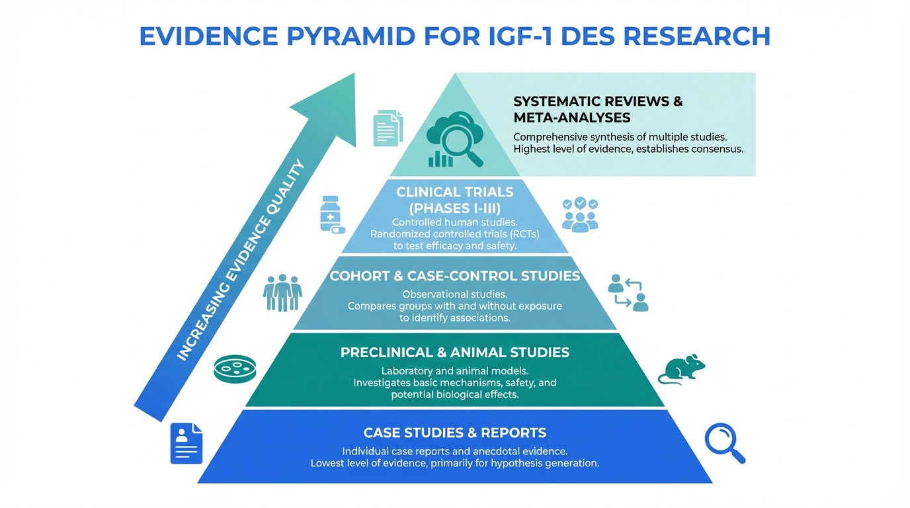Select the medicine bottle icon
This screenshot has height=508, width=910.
point(331,214)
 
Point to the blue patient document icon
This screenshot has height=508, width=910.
point(186,443)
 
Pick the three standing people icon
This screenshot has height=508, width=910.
point(282,292)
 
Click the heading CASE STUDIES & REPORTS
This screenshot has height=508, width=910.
point(454,433)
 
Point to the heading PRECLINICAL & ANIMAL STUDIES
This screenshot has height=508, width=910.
point(454,353)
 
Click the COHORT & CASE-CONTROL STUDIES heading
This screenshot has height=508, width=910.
point(454,276)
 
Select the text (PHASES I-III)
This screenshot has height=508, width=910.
point(454,208)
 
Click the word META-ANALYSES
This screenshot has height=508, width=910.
point(571,118)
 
